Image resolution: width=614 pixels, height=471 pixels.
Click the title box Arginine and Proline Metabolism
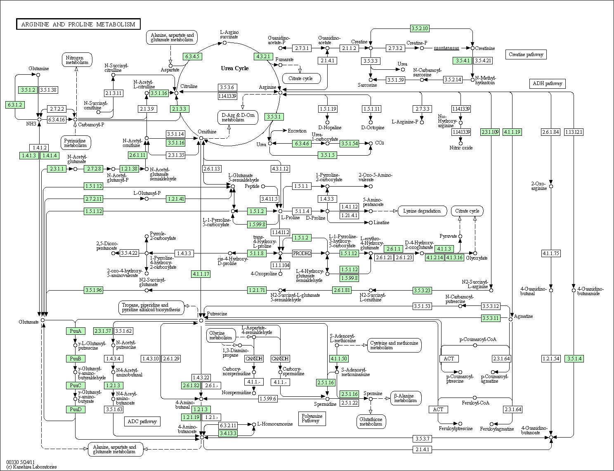coord(78,24)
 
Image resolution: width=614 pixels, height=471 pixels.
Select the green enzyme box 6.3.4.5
coord(192,57)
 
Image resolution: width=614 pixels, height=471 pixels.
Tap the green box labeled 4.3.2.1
coord(263,57)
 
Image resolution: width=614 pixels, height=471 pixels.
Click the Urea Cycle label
coord(234,69)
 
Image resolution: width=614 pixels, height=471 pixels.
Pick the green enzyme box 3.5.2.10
coord(420,28)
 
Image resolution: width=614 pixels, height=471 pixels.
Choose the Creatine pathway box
coord(526,54)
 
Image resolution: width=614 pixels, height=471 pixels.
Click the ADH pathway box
coord(547,83)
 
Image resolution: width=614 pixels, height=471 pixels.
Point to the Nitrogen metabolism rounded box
coord(77,60)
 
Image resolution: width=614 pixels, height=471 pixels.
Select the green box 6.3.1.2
coord(15,105)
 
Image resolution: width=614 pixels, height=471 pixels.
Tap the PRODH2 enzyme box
coord(302,253)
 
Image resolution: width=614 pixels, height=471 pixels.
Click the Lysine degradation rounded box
coord(422,211)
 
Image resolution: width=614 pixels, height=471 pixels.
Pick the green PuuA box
coord(76,331)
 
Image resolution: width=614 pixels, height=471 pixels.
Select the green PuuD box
coord(76,409)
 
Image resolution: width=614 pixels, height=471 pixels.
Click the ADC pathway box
coord(142,421)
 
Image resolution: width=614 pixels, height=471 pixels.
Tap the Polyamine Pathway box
coord(312,419)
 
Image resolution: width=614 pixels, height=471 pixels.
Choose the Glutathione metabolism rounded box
coord(371,422)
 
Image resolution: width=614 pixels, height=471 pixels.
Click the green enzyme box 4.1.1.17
coord(201,274)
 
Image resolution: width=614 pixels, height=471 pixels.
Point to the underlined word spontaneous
coord(446,48)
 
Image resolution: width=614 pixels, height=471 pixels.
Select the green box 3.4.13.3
coord(228,433)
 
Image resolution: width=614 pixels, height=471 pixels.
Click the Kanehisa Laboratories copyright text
coord(31,467)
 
